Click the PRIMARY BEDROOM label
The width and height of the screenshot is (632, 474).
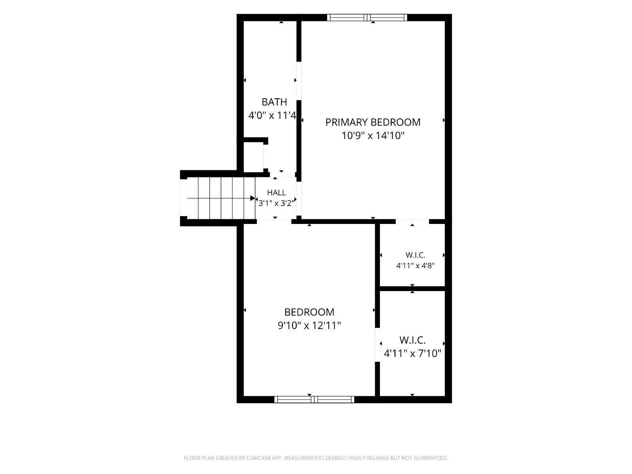pyautogui.click(x=373, y=122)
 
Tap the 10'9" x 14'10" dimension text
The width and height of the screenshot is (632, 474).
pyautogui.click(x=373, y=135)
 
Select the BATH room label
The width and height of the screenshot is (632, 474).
pyautogui.click(x=274, y=102)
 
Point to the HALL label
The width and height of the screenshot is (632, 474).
pyautogui.click(x=276, y=192)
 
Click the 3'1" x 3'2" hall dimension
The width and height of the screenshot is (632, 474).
pyautogui.click(x=276, y=203)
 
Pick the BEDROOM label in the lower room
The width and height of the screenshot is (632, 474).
pyautogui.click(x=309, y=312)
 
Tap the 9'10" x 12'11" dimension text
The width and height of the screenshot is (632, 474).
pyautogui.click(x=309, y=325)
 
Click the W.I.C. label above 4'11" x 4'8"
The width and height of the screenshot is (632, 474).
pyautogui.click(x=415, y=255)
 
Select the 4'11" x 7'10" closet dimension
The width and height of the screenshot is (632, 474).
pyautogui.click(x=413, y=354)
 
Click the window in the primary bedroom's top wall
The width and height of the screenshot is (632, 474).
pyautogui.click(x=367, y=17)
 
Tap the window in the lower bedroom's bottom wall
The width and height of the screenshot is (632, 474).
pyautogui.click(x=314, y=399)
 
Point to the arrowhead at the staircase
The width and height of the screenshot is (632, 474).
pyautogui.click(x=253, y=198)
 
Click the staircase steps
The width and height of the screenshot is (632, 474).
pyautogui.click(x=221, y=198)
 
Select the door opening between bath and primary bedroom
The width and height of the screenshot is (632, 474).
pyautogui.click(x=299, y=81)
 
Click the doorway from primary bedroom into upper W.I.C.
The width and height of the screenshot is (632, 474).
pyautogui.click(x=412, y=221)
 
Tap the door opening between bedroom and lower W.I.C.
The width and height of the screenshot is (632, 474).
pyautogui.click(x=378, y=344)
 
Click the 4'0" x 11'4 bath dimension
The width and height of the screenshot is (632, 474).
pyautogui.click(x=273, y=115)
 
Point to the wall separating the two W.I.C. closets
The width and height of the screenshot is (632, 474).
pyautogui.click(x=412, y=289)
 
